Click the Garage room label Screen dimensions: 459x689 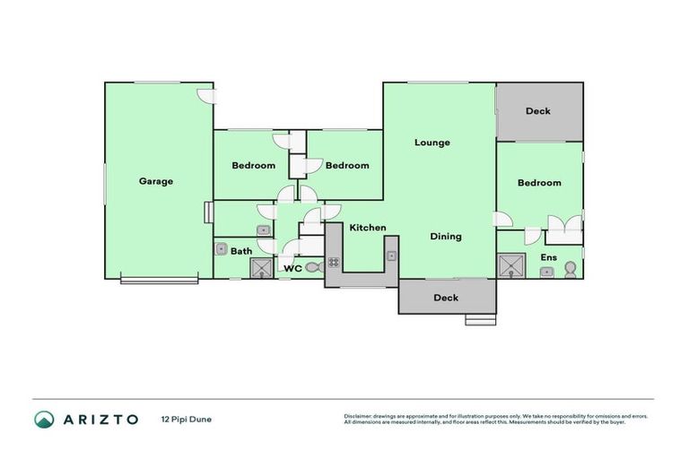155,181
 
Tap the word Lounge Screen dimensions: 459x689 432,143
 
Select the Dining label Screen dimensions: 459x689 445,237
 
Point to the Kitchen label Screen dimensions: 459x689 368,228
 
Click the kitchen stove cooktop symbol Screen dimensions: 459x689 334,263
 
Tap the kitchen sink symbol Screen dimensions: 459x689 392,256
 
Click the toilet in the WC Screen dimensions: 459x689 313,267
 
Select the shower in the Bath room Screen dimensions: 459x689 261,268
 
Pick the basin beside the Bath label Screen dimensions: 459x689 221,248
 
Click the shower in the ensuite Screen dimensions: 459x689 511,266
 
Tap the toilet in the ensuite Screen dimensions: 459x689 571,269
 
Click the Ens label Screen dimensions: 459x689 548,257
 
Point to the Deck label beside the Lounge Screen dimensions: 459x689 538,111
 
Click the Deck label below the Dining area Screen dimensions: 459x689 446,298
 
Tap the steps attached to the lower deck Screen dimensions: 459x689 480,318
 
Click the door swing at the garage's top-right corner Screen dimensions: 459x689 205,97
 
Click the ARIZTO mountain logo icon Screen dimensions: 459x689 44,419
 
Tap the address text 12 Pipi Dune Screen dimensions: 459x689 187,419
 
